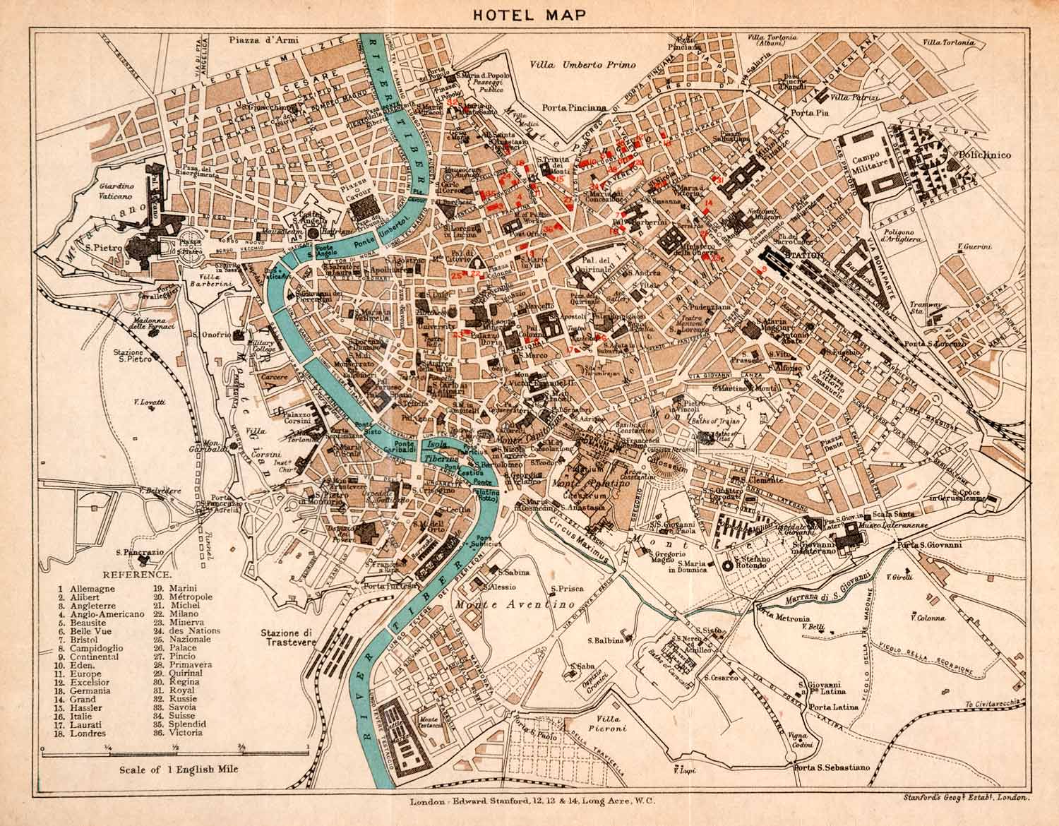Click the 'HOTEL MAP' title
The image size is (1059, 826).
(x=529, y=16)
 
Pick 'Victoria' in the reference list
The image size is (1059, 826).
(x=186, y=733)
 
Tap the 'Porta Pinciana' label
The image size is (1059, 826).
(x=575, y=108)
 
